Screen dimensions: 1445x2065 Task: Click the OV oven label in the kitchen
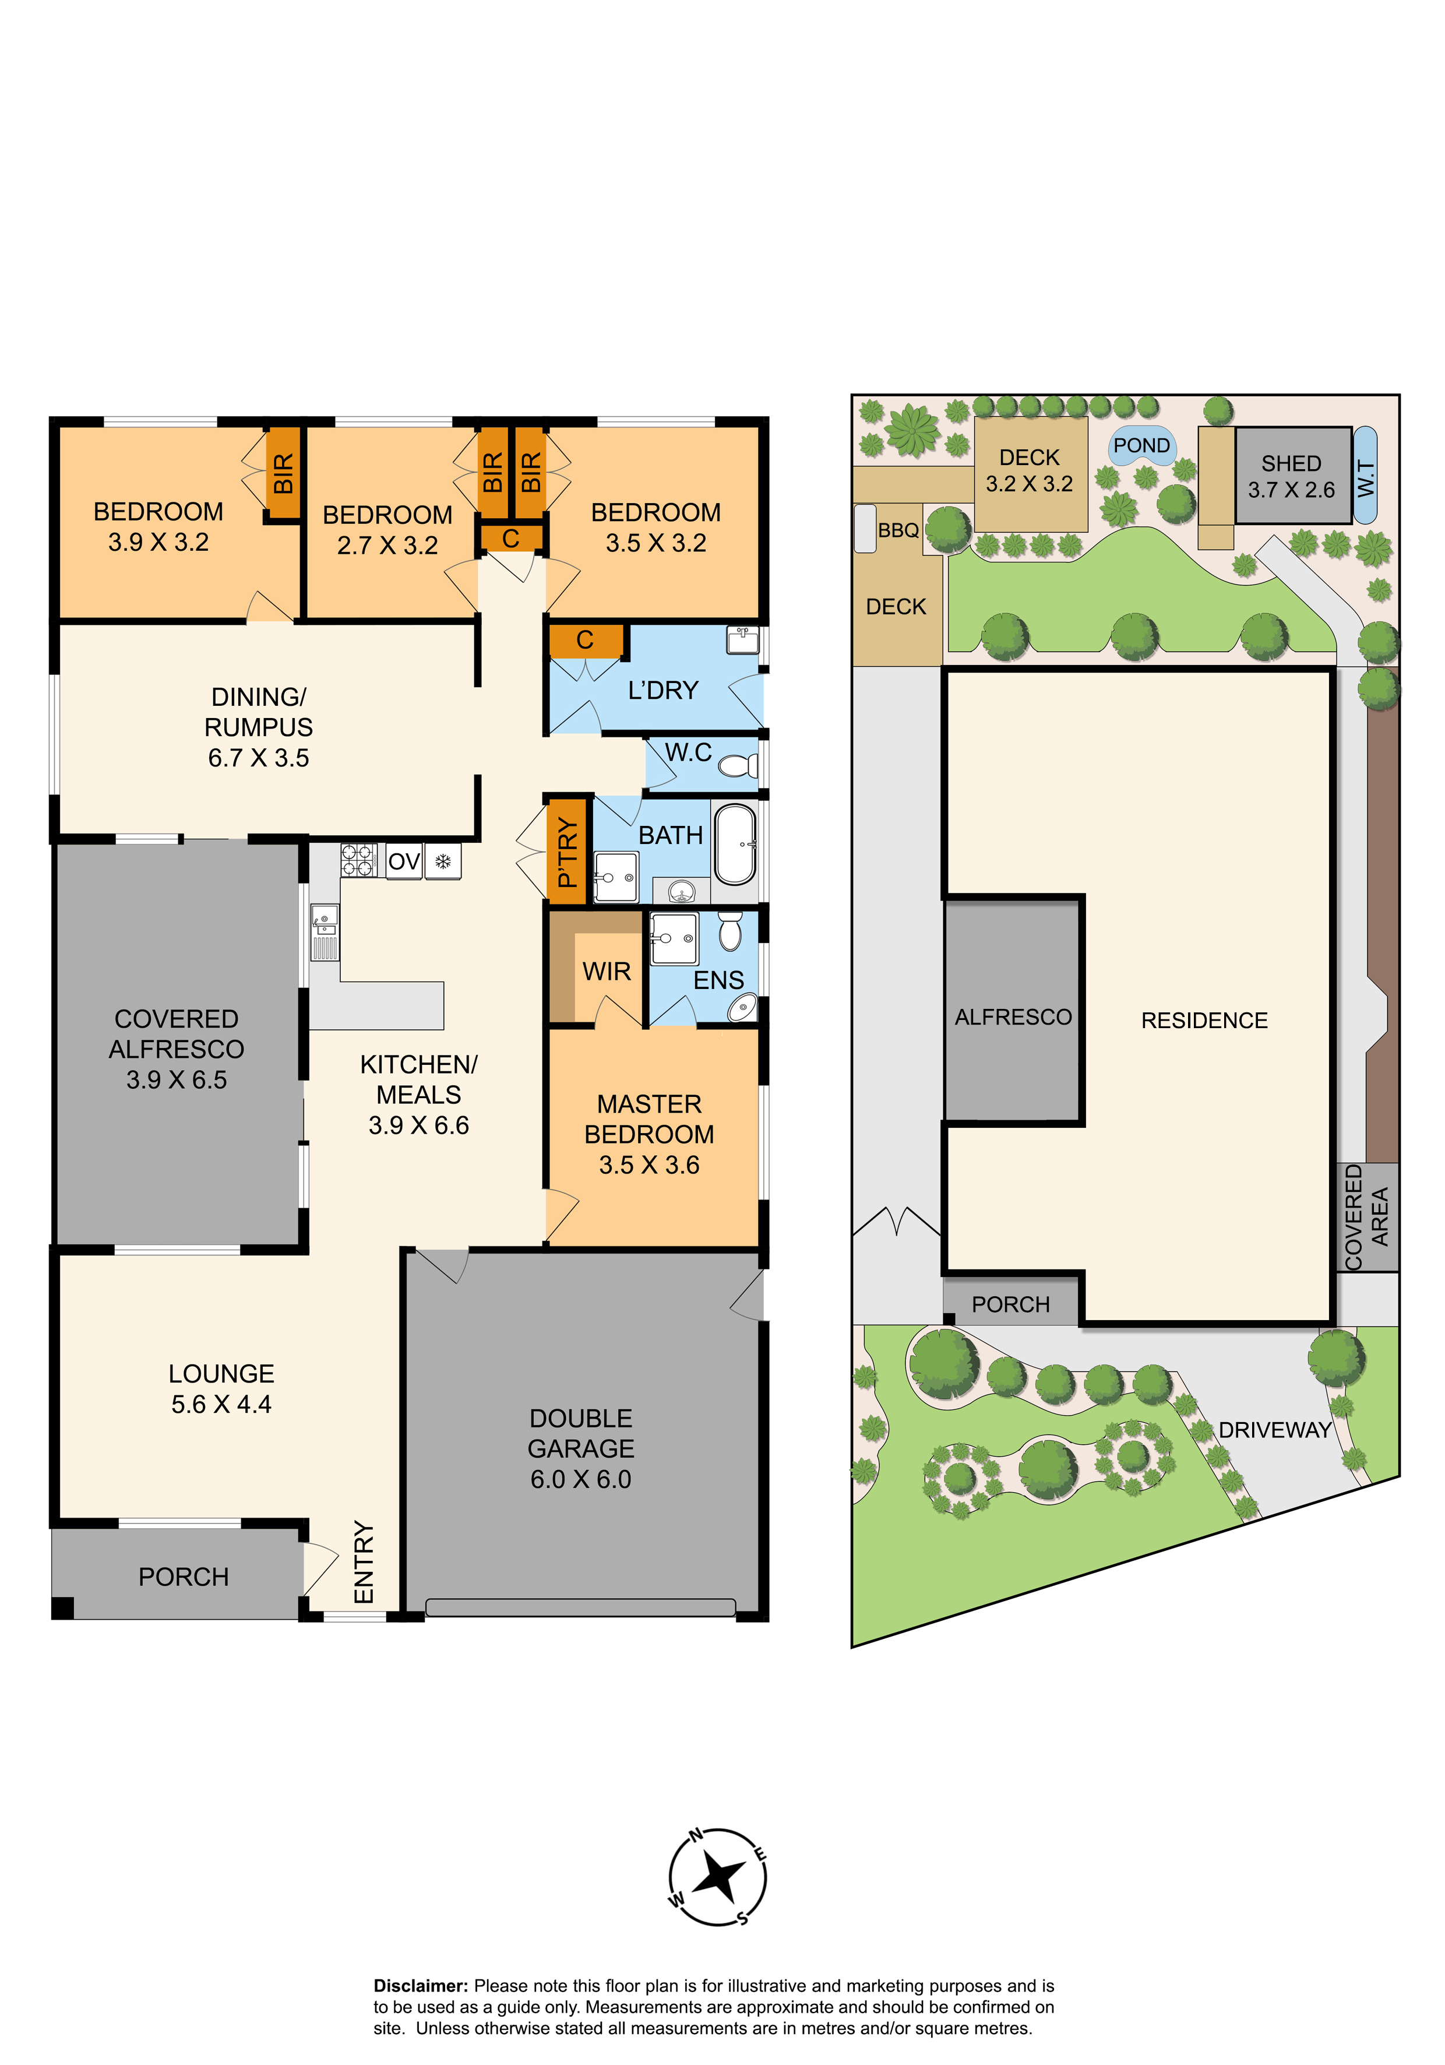pos(404,861)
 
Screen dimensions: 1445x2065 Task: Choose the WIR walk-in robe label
pos(607,972)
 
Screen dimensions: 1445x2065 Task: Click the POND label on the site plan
pos(1142,445)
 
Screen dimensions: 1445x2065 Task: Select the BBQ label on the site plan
pos(898,530)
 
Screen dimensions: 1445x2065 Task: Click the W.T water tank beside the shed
pos(1365,476)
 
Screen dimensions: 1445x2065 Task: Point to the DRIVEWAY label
pos(1275,1430)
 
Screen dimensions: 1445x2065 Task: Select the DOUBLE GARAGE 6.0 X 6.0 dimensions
pos(581,1479)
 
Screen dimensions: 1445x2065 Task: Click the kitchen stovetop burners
pos(357,860)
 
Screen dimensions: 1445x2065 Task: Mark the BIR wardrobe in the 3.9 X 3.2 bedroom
pos(283,473)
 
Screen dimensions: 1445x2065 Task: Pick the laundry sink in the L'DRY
pos(743,639)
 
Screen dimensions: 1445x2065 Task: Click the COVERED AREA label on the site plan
pos(1367,1217)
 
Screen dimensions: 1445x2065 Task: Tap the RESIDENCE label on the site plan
pos(1204,1021)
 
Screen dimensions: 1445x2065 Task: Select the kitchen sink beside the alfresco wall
pos(325,933)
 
